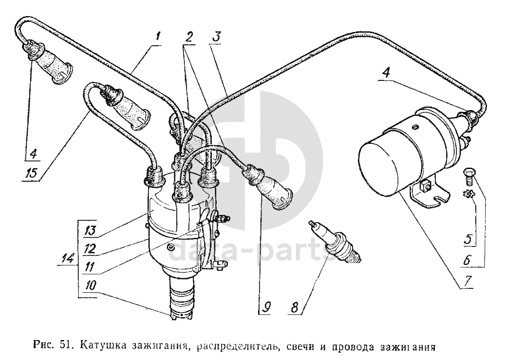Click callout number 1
coord(157,36)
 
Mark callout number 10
coord(91,286)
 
